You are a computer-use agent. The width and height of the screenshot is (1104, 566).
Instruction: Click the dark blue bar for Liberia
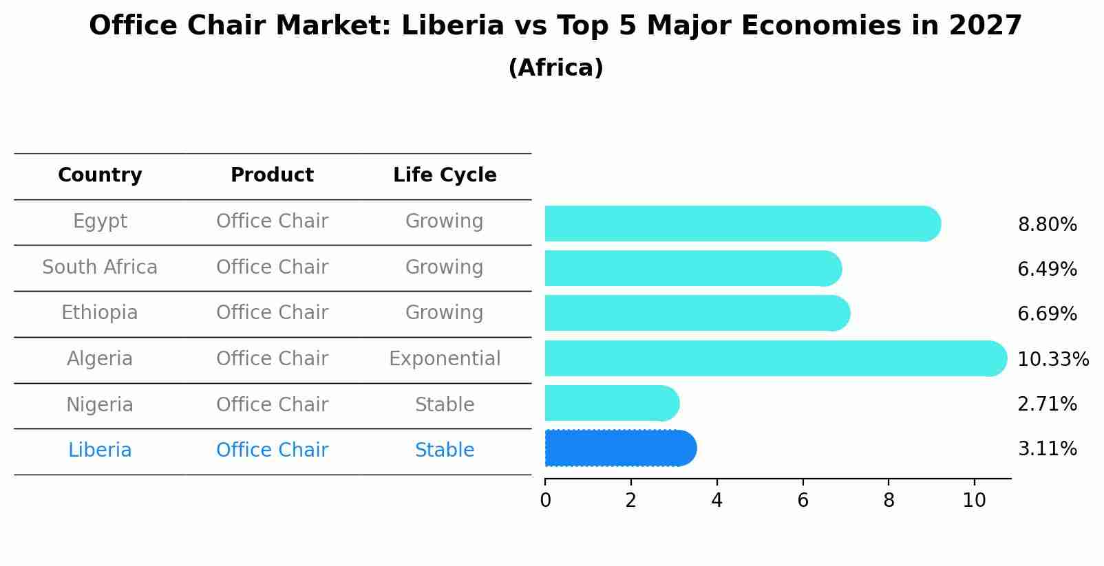[x=619, y=448]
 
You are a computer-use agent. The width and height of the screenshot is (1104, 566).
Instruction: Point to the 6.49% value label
[x=1047, y=270]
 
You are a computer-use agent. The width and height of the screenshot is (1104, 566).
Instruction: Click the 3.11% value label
[x=1047, y=449]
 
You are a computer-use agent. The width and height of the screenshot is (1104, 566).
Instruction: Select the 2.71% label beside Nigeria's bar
[x=1047, y=404]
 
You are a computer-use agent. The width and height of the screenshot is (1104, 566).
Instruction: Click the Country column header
[x=100, y=175]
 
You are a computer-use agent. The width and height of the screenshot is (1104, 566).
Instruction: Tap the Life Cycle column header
[x=445, y=175]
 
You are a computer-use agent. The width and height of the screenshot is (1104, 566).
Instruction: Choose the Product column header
[x=272, y=175]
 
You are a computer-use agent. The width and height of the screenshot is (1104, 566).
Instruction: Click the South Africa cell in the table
[x=100, y=267]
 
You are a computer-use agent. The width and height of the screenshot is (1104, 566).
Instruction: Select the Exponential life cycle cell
[x=445, y=359]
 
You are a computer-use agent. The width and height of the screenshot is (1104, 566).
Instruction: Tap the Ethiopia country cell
[x=100, y=313]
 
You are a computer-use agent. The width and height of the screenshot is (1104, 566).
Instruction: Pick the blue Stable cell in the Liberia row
[x=445, y=450]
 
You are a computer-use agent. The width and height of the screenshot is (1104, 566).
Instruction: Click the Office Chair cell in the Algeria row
[x=272, y=359]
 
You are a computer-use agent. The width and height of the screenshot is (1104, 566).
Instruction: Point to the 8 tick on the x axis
[x=889, y=500]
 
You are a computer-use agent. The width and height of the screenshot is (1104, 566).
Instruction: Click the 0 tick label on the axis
[x=545, y=500]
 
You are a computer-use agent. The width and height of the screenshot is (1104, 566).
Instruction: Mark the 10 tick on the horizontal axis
[x=974, y=500]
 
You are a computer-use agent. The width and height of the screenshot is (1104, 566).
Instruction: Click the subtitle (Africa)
[x=555, y=68]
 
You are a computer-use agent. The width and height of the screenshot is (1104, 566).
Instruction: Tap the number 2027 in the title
[x=985, y=26]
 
